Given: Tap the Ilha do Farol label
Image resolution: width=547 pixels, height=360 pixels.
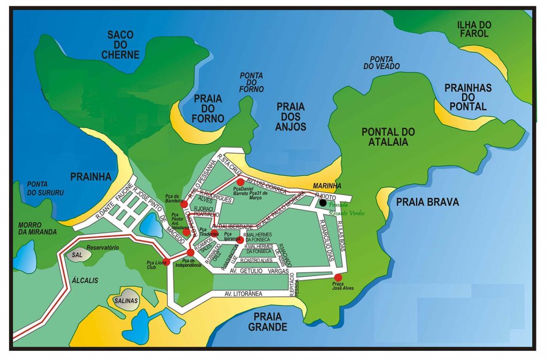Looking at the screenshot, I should (472, 29).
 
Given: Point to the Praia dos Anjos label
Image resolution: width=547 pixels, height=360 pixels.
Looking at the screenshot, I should (291, 116).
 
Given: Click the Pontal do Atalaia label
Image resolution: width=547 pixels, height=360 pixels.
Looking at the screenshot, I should (388, 137).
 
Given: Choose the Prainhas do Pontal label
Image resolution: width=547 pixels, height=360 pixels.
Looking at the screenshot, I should (468, 97).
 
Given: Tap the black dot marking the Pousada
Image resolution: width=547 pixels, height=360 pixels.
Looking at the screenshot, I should (323, 203).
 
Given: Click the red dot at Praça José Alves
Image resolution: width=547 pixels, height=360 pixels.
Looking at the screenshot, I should (338, 277).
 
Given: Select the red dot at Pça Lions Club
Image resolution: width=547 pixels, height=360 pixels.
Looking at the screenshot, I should (166, 261).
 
